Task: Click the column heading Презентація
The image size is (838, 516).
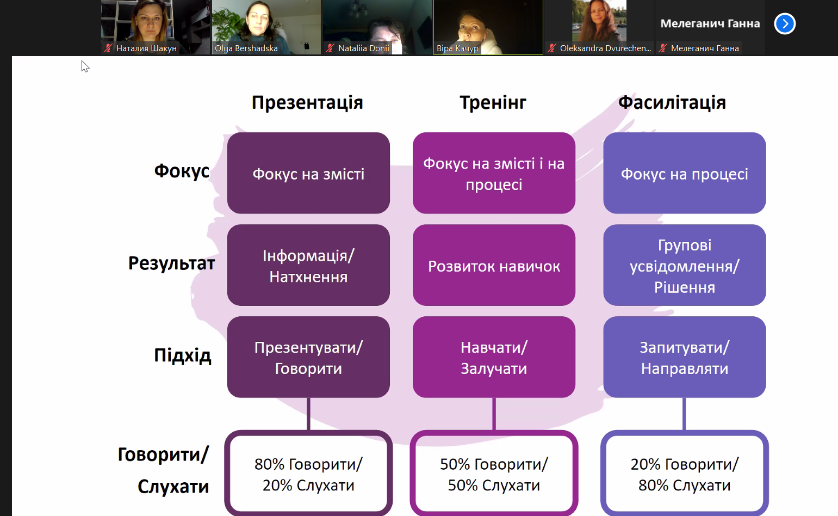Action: point(307,102)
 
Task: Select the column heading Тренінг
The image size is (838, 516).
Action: point(493,102)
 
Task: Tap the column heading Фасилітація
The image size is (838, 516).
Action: point(672,102)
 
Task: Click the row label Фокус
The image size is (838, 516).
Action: point(182,171)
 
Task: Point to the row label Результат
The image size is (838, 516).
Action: point(171,263)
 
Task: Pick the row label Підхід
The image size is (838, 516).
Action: point(183,355)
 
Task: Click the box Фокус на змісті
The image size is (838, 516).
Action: point(308,173)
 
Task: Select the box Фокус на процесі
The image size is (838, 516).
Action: point(685,173)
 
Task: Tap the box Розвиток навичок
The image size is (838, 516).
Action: point(494,265)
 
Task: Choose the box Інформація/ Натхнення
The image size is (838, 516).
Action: point(308,265)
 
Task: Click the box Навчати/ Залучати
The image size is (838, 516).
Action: point(494,357)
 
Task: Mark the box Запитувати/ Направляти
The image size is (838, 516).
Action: point(685,357)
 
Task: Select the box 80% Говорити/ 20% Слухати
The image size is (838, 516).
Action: point(308,474)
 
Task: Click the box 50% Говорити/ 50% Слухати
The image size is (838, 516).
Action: point(494,474)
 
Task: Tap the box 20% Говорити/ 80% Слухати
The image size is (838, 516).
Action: point(685,474)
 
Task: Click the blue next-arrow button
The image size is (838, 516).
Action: point(785,23)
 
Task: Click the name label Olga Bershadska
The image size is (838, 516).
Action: point(246,48)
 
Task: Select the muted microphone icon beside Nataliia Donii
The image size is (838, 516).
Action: point(330,48)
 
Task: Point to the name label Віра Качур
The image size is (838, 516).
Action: point(457,48)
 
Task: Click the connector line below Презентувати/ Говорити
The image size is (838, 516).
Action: point(308,414)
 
